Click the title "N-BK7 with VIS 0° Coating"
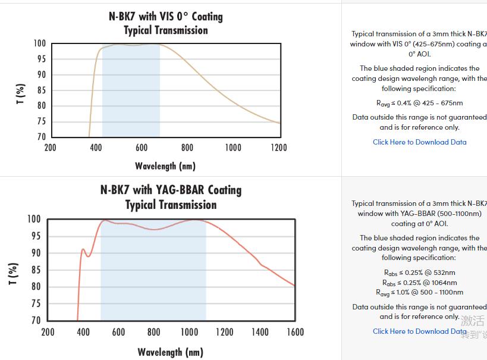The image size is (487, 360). pyautogui.click(x=165, y=16)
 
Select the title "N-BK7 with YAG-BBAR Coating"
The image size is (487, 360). pyautogui.click(x=171, y=190)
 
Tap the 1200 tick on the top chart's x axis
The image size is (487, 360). pyautogui.click(x=278, y=148)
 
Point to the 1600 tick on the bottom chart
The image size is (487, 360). pyautogui.click(x=295, y=332)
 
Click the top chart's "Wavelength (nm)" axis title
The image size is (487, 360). pyautogui.click(x=165, y=165)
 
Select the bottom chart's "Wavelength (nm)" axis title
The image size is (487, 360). pyautogui.click(x=170, y=352)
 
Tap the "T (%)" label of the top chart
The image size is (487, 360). pyautogui.click(x=21, y=94)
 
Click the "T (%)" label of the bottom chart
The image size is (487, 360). pyautogui.click(x=13, y=273)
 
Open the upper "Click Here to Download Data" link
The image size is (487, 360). pyautogui.click(x=419, y=142)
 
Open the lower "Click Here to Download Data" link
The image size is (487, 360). pyautogui.click(x=419, y=331)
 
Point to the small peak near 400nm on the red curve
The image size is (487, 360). pyautogui.click(x=83, y=249)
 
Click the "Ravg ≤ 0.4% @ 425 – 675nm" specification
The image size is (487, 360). pyautogui.click(x=419, y=103)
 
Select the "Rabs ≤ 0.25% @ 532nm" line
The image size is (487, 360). pyautogui.click(x=419, y=273)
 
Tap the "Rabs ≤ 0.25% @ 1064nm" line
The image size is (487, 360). pyautogui.click(x=419, y=283)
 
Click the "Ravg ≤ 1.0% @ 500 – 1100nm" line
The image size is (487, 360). pyautogui.click(x=419, y=292)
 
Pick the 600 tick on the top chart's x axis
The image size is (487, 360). pyautogui.click(x=141, y=148)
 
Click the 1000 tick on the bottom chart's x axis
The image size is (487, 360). pyautogui.click(x=189, y=332)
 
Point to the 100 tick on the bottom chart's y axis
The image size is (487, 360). pyautogui.click(x=33, y=219)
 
